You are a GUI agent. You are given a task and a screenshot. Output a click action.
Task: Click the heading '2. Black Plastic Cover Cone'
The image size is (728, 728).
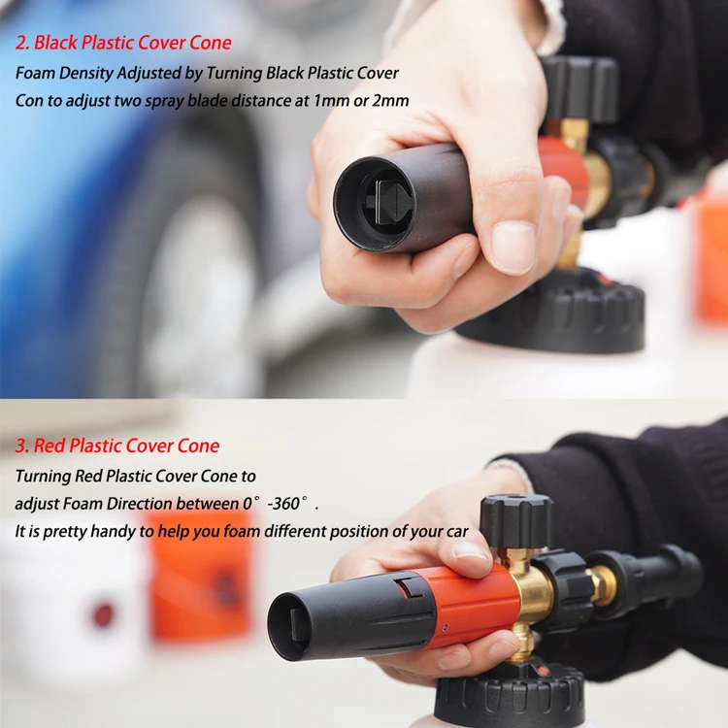[x=123, y=43]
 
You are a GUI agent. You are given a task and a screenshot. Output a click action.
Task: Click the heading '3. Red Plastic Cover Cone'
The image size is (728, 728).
[x=117, y=447]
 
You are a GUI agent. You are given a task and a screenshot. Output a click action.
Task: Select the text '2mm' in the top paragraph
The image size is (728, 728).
[x=391, y=101]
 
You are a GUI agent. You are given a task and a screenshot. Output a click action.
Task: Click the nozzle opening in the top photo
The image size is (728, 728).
[x=388, y=198]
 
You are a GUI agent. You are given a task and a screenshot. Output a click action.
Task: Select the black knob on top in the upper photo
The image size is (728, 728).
[x=580, y=89]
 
